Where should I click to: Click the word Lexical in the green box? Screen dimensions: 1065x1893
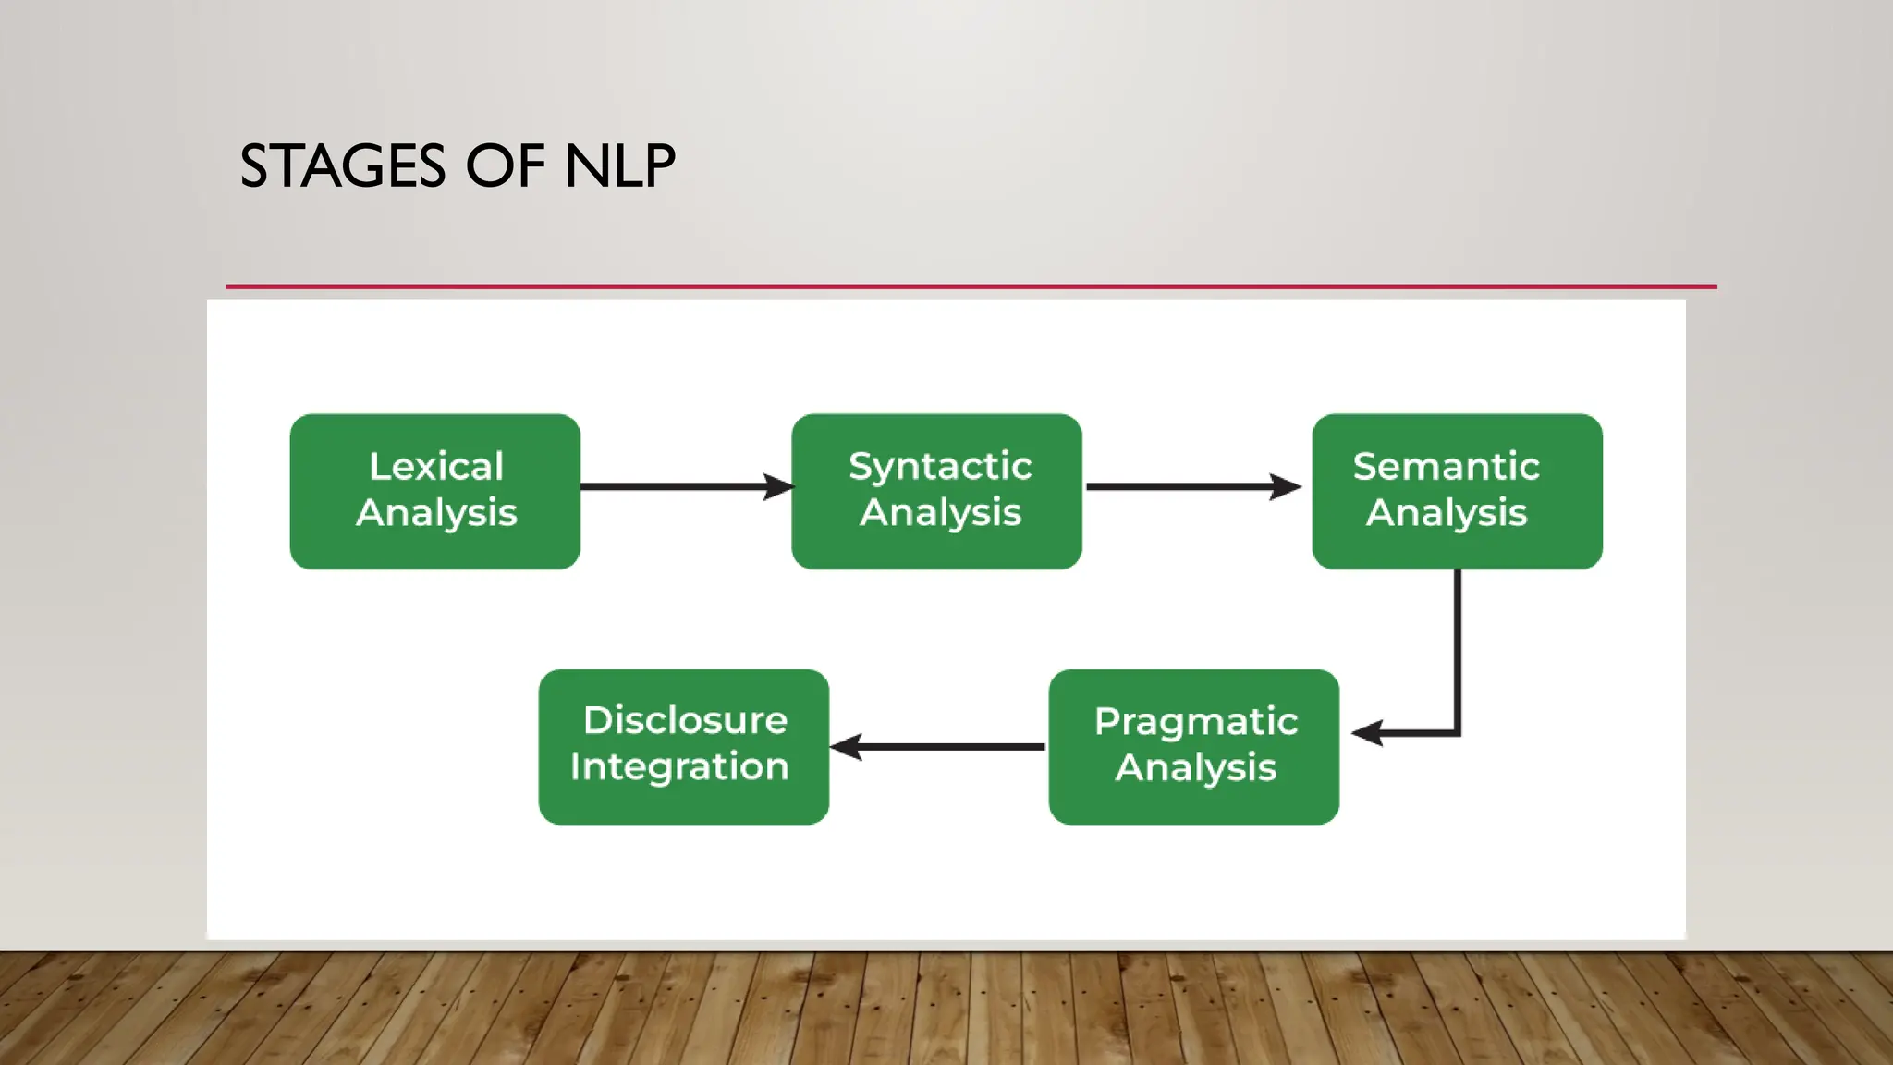436,466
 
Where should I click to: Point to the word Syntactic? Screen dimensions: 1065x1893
940,466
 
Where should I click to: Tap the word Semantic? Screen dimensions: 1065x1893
1447,466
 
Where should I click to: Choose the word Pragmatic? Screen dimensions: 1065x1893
1196,721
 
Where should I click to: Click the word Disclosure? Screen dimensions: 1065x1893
685,720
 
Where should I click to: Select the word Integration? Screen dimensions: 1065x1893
679,766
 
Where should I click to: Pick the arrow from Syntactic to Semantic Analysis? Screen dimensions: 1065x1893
1183,486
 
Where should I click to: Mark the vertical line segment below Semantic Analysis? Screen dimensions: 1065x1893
1458,647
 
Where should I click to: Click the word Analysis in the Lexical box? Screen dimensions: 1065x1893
436,512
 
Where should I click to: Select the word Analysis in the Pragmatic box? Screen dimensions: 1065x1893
1196,767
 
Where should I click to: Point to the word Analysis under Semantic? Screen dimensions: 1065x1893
1447,512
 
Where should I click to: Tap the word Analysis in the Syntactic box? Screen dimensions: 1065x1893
940,512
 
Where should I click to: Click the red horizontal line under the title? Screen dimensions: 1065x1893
971,287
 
